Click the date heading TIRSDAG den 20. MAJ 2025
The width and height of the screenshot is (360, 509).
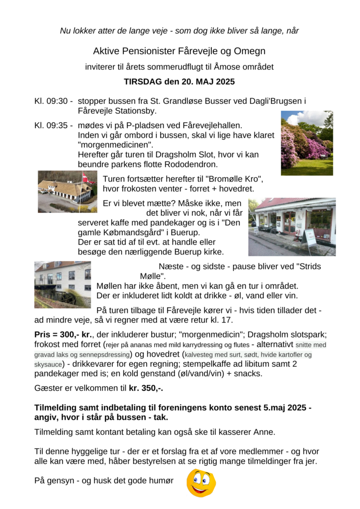click(179, 82)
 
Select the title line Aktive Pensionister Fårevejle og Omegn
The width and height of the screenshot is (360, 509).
click(179, 51)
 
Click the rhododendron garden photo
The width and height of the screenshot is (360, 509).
click(307, 143)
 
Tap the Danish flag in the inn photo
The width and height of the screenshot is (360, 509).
click(85, 177)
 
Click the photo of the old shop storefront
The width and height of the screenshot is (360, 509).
click(292, 227)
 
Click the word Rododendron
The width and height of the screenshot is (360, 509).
click(189, 164)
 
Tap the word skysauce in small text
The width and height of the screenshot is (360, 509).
click(48, 364)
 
